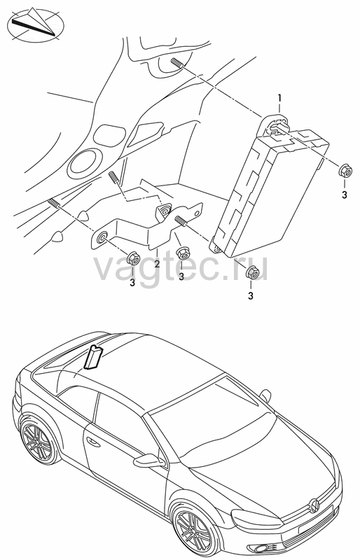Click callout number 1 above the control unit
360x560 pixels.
(x=279, y=97)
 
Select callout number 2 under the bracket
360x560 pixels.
(x=157, y=265)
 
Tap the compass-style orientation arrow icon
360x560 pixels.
(x=36, y=24)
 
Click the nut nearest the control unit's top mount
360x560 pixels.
(x=345, y=170)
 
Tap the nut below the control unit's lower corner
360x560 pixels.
(x=252, y=273)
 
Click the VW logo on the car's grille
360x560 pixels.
(x=314, y=505)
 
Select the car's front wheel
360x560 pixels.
(x=195, y=533)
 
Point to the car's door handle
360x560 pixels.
(x=93, y=442)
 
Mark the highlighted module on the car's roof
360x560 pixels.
(x=93, y=356)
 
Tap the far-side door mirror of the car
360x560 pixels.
(x=265, y=395)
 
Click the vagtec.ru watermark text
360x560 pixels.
(x=181, y=266)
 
